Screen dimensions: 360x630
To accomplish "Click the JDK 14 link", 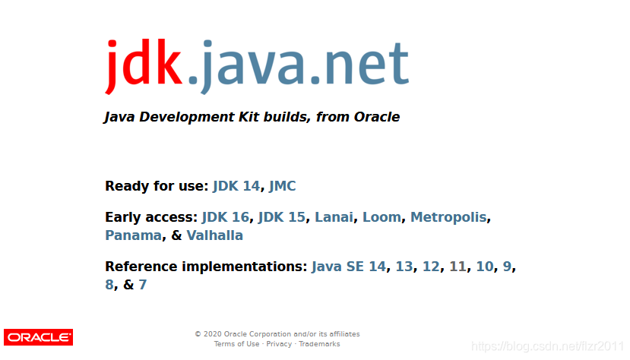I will click(236, 186).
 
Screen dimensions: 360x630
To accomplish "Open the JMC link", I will click(282, 186).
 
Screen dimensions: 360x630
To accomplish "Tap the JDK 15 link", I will click(281, 217).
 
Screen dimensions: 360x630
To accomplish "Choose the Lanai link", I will click(334, 217).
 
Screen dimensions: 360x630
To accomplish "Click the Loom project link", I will click(381, 217).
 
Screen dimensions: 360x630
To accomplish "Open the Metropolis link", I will click(448, 217).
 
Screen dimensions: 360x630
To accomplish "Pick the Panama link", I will click(133, 235).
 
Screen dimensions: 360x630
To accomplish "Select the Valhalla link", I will click(214, 235).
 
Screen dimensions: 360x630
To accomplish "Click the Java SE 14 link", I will click(348, 267).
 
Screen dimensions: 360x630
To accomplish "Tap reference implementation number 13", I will click(404, 267).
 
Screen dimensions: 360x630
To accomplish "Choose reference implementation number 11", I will click(457, 267).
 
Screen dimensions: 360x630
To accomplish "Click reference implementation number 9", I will click(507, 267).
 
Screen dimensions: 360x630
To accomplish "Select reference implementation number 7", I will click(142, 285).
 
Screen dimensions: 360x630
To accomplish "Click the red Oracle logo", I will click(38, 337).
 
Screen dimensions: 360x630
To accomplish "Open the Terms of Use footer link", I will click(236, 344).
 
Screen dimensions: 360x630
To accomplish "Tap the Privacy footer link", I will click(279, 344).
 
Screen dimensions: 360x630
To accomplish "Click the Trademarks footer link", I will click(319, 344).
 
